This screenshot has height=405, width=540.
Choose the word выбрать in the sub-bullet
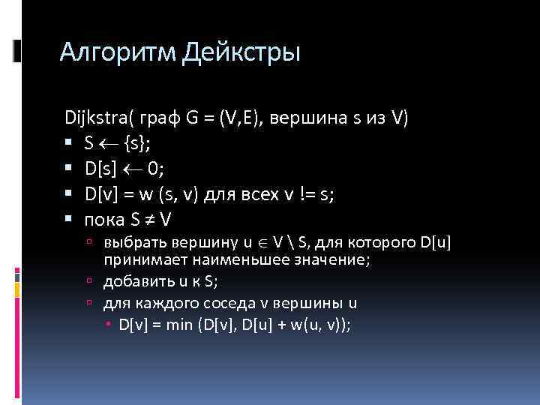click(130, 242)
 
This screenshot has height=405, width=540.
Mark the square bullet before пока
click(69, 220)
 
